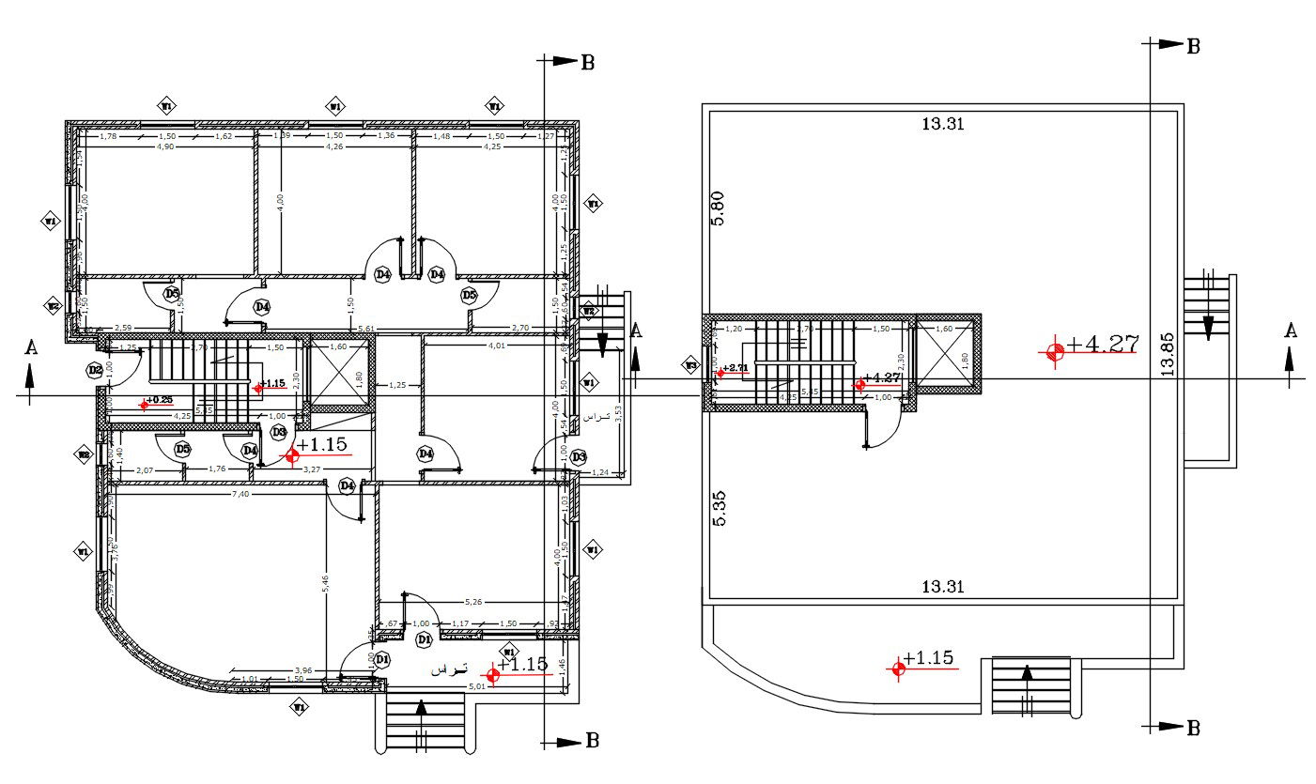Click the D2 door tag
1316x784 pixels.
point(95,370)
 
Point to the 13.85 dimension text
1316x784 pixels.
point(1168,354)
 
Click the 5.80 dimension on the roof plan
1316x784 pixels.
point(719,208)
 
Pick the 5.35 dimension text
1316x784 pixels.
point(719,507)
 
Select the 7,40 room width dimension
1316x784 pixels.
point(240,494)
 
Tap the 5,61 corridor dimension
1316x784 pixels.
point(366,329)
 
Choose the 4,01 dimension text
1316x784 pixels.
point(496,346)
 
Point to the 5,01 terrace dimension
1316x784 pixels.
point(477,687)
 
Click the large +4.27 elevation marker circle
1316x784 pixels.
point(1055,350)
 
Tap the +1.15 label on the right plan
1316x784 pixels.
point(934,658)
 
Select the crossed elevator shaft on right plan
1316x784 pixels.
point(944,355)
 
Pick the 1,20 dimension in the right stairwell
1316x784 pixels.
point(735,330)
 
